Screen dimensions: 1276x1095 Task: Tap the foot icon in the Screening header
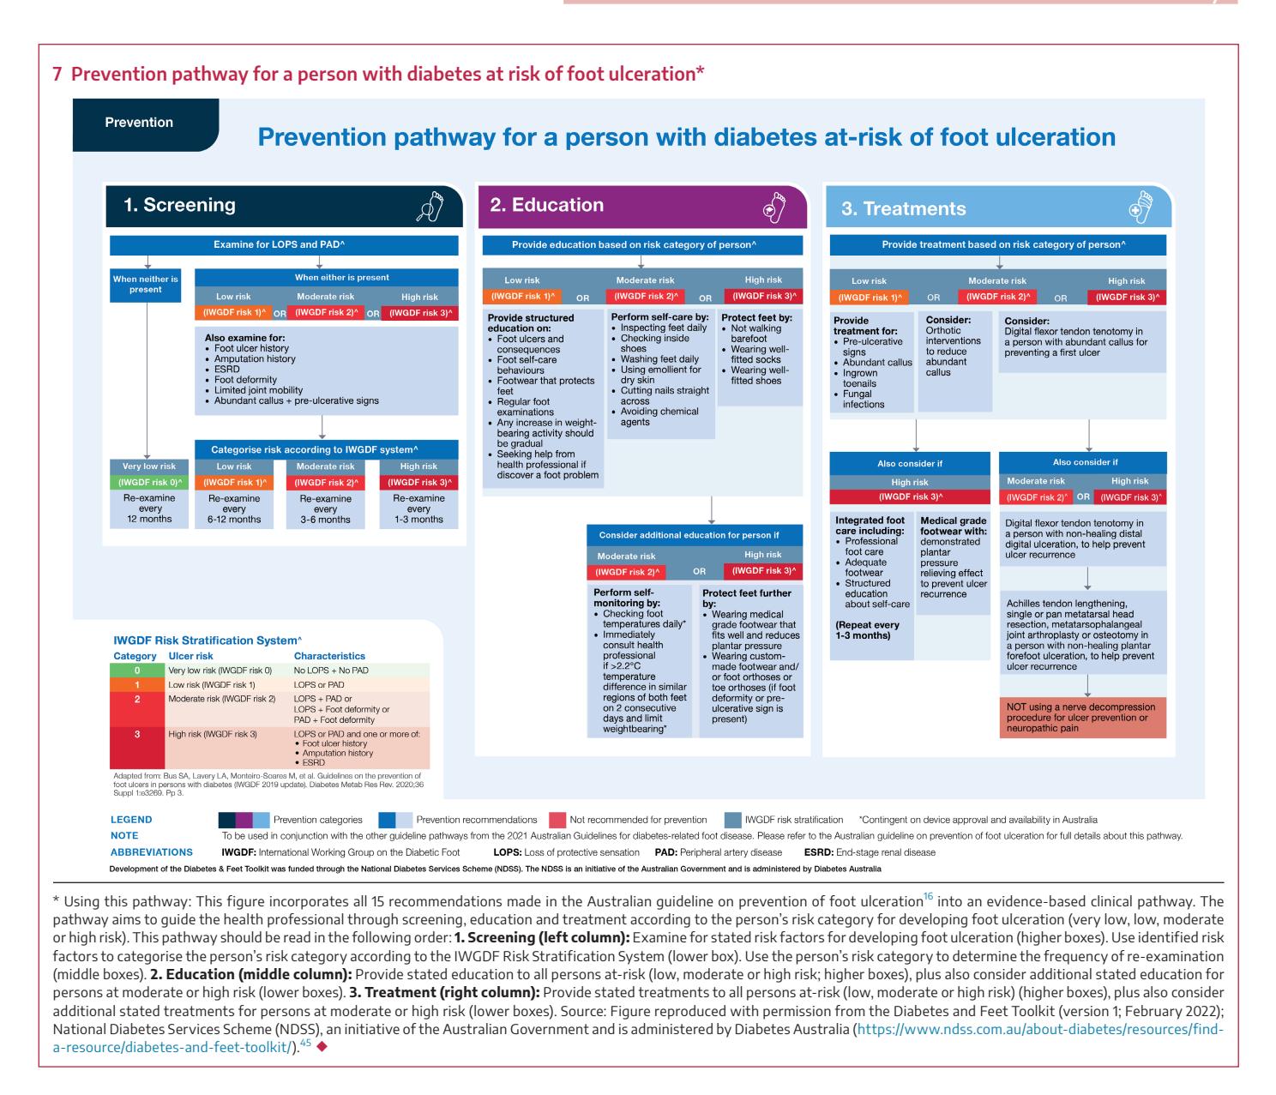pos(430,206)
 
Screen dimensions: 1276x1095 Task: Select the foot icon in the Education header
pos(774,207)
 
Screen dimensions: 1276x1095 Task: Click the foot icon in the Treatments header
pos(1141,207)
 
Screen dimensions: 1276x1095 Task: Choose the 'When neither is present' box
pos(146,286)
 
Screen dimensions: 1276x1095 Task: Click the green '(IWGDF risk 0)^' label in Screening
pos(149,483)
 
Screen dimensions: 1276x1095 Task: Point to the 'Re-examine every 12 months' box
pos(149,509)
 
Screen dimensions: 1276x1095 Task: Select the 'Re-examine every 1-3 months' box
pos(418,509)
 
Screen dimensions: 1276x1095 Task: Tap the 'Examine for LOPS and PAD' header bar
pos(284,245)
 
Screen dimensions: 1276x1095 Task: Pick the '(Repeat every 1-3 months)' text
pos(867,630)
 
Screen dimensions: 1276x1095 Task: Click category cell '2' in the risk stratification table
pos(137,700)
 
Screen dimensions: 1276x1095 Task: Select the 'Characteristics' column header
pos(329,656)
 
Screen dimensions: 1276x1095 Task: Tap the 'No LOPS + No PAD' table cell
pos(331,671)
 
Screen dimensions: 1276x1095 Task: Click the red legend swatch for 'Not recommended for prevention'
pos(557,820)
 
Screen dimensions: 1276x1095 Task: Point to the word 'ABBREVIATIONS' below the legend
pos(151,852)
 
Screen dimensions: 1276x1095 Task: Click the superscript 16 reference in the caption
pos(929,896)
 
